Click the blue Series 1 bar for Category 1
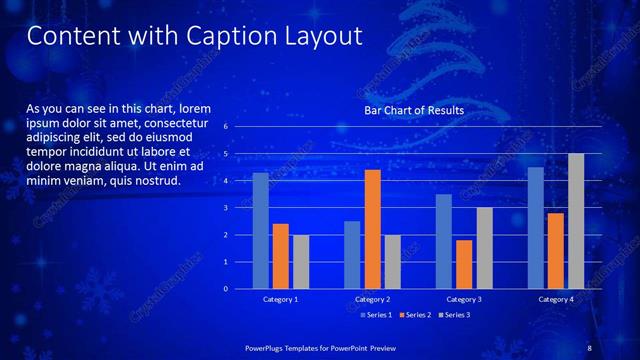pos(260,231)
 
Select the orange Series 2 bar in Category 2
pos(371,229)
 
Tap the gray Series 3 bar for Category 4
pos(576,221)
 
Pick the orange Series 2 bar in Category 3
pos(463,264)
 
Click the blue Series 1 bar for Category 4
pos(535,228)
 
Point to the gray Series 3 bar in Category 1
pos(301,262)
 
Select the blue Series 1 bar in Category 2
pos(351,255)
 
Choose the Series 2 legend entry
pos(413,315)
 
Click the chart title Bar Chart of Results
pos(413,110)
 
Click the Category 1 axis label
pos(280,299)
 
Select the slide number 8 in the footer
pos(589,347)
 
